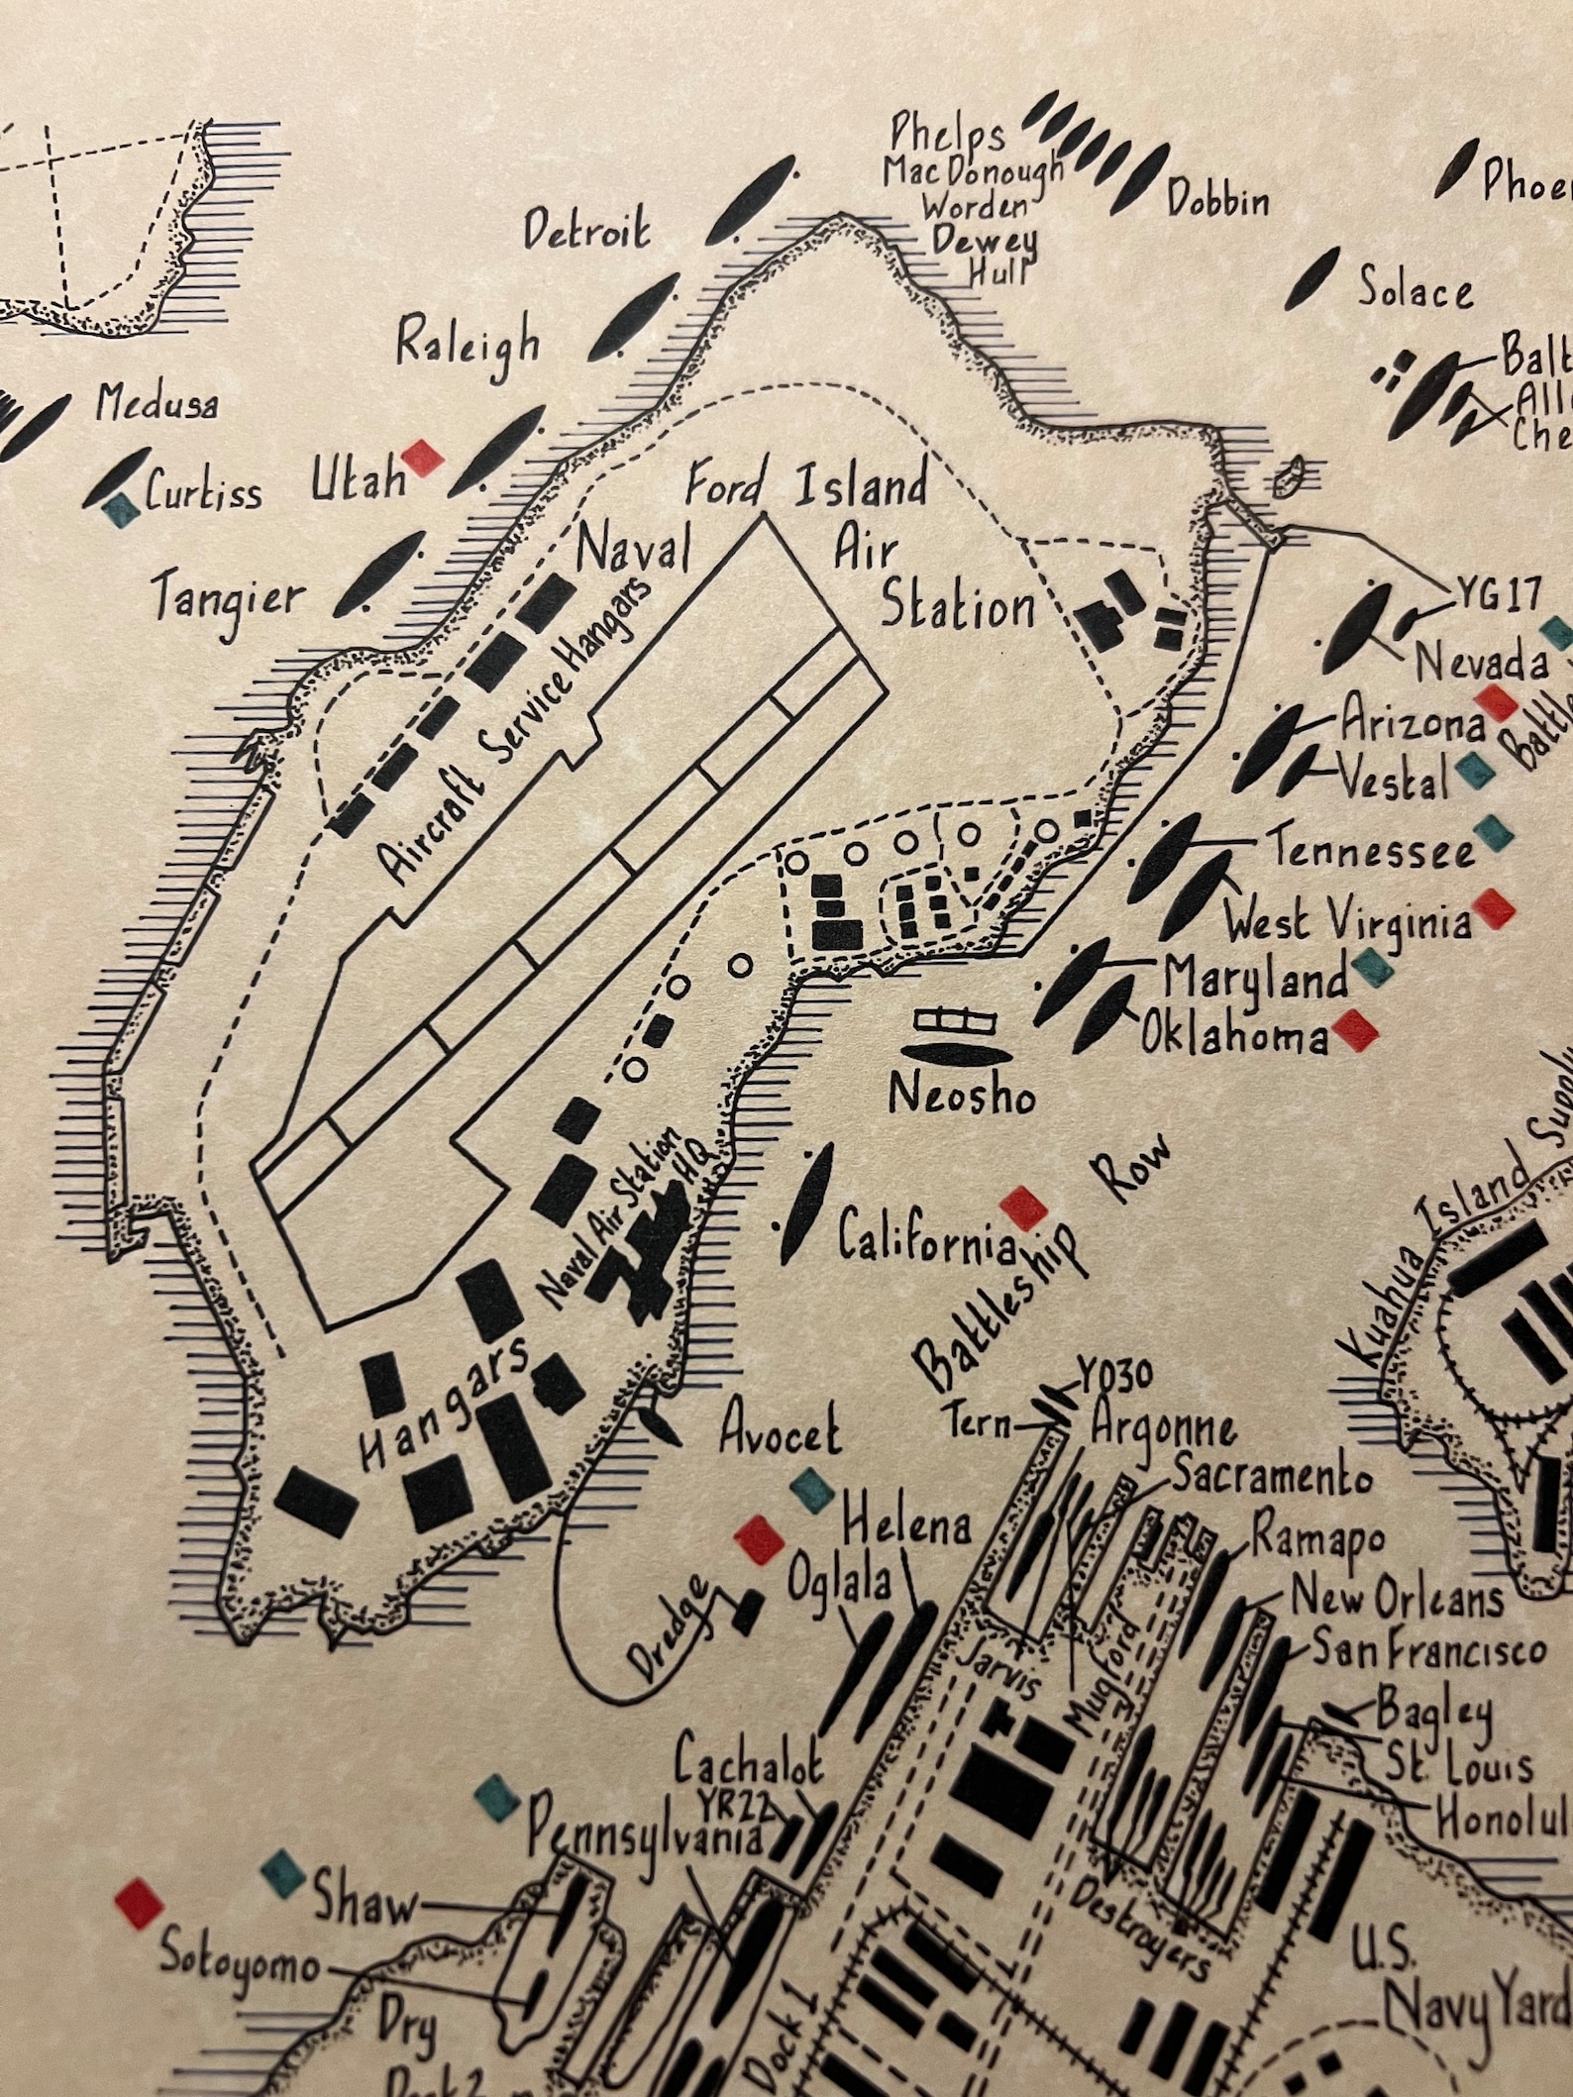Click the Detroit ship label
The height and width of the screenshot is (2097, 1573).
pos(587,229)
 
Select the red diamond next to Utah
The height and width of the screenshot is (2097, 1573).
pos(423,458)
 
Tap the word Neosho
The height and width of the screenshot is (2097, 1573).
pos(961,1095)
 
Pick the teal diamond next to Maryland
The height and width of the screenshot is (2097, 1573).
pos(1373,967)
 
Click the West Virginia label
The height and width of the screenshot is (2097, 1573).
pos(1348,922)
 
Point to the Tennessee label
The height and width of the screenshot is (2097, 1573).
pos(1373,850)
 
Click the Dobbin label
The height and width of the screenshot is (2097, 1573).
pos(1217,201)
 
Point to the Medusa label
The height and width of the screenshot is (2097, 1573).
pos(157,404)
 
